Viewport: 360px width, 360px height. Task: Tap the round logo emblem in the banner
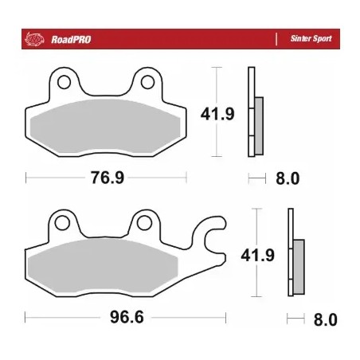pyautogui.click(x=33, y=37)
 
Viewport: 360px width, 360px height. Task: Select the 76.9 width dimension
pyautogui.click(x=108, y=178)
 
